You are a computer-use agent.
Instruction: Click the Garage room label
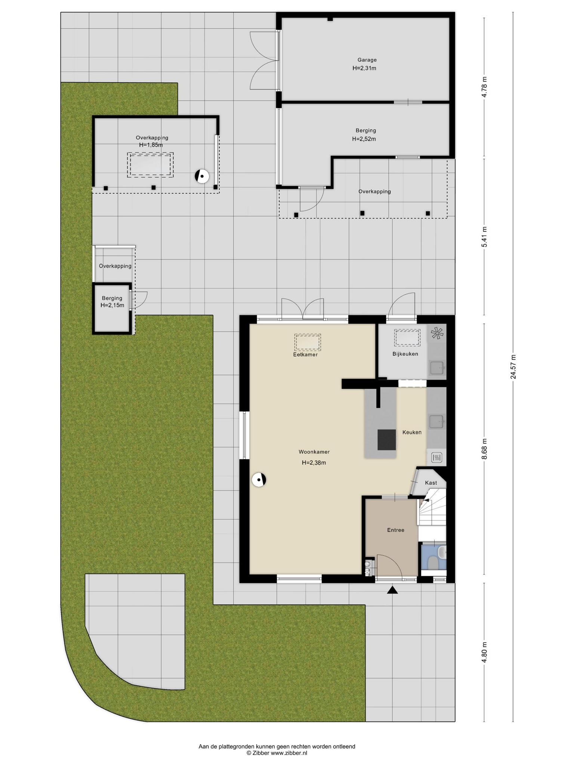pos(367,60)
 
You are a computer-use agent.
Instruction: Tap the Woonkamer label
pos(314,452)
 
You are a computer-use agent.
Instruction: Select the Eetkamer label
pos(305,354)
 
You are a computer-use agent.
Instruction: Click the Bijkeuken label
pos(405,354)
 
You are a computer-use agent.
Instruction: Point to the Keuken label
pos(412,432)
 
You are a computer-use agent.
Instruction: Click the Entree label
pos(396,530)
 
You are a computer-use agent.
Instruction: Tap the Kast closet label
pos(431,483)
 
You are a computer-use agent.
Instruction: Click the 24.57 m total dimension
pos(513,367)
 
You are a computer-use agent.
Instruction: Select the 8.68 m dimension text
pos(484,448)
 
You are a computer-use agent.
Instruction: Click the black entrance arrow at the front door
pos(392,590)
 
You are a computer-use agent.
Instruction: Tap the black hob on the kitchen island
pos(387,440)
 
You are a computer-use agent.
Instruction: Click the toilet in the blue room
pos(433,563)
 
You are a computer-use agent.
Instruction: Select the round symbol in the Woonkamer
pos(259,480)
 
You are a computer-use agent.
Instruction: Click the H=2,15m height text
pos(112,305)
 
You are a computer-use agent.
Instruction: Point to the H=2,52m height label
pos(364,139)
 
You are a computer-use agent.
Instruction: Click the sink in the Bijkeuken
pos(437,368)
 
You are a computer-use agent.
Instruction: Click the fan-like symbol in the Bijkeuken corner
pos(436,333)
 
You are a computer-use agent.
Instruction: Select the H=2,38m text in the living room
pos(314,463)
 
